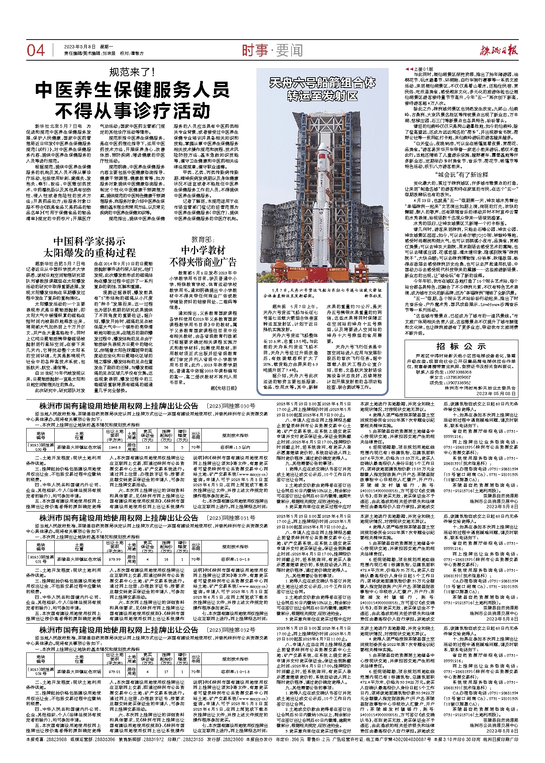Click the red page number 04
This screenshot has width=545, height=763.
tap(35, 51)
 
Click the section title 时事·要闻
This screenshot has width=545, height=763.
tap(272, 50)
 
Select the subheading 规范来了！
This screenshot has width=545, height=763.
tap(132, 72)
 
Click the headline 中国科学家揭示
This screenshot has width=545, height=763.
tap(89, 241)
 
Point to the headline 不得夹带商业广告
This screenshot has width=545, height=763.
tap(203, 262)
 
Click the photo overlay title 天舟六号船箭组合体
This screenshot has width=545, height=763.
tap(322, 82)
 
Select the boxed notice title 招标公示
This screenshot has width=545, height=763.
tap(461, 346)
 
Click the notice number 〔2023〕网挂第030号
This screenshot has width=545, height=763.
tap(231, 406)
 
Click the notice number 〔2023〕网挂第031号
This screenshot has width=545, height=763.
tap(231, 518)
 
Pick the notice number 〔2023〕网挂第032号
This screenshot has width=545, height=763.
tap(231, 630)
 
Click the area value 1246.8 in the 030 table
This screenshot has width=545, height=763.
tap(115, 447)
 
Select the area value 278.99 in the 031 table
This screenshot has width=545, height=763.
tap(115, 559)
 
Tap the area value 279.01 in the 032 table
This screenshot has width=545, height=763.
tap(115, 671)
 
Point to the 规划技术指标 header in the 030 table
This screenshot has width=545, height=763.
tap(235, 435)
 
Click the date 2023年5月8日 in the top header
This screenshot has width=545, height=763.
tap(79, 47)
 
